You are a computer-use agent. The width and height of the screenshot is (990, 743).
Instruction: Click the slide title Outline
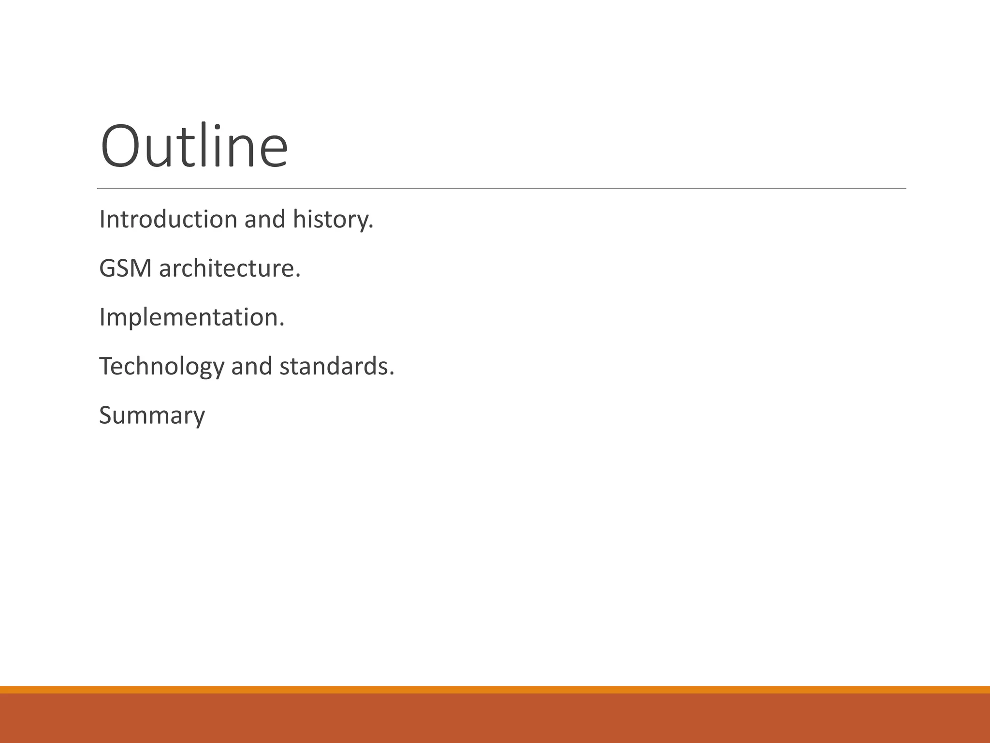194,146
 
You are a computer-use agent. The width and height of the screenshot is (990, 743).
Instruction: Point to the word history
333,220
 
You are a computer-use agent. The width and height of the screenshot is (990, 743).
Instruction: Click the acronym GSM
126,268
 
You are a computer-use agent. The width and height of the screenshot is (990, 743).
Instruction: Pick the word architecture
229,268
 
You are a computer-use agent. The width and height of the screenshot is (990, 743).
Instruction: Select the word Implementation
191,318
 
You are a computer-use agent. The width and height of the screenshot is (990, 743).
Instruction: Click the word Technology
161,367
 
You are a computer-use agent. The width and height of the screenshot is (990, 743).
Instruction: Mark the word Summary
152,416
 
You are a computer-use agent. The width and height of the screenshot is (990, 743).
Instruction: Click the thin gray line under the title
501,188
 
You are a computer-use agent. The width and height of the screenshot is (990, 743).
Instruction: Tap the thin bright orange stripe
495,689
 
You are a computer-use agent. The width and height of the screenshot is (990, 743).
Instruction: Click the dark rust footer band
495,719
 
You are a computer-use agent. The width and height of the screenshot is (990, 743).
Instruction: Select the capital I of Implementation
102,317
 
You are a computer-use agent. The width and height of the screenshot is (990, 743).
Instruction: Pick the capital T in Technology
106,366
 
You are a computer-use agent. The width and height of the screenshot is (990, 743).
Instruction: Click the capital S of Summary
107,415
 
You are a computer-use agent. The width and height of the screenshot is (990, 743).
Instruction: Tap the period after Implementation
282,326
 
